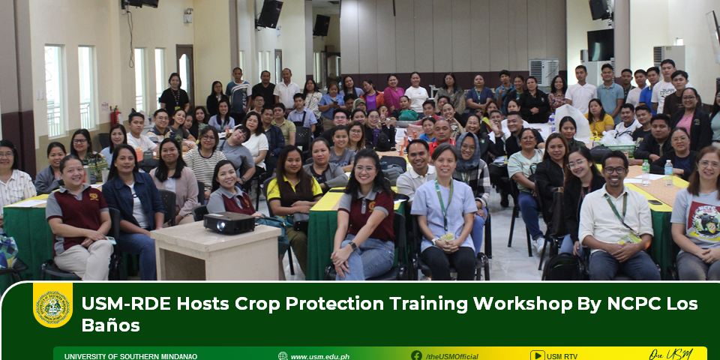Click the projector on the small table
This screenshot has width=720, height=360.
[x=229, y=223]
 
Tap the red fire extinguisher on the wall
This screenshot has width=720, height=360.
[x=115, y=116]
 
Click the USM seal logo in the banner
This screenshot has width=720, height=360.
[x=52, y=306]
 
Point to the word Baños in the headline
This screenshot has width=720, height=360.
[x=110, y=325]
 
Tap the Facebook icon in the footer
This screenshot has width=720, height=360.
[x=416, y=355]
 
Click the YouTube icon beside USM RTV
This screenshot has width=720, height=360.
[x=537, y=355]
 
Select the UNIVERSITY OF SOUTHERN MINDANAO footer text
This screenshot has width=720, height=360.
[x=130, y=357]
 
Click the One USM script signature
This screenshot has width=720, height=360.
[x=670, y=355]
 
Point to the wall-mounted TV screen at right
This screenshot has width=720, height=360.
[x=600, y=45]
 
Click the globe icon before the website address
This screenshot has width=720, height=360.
[x=283, y=356]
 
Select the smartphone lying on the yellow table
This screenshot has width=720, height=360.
[x=655, y=202]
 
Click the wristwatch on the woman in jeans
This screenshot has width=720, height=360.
[x=353, y=246]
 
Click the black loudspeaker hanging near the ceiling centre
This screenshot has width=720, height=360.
[x=269, y=13]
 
